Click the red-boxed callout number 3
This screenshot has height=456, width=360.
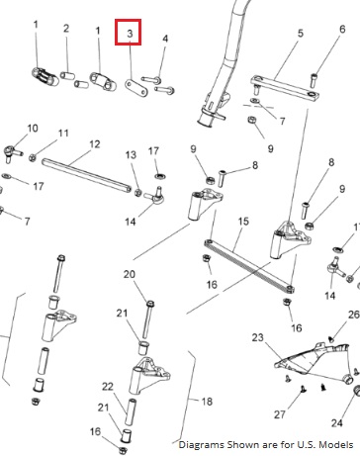[130, 34]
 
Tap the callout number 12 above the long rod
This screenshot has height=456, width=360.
[94, 144]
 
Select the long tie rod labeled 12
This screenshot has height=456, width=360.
[87, 175]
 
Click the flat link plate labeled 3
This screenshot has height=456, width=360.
[136, 87]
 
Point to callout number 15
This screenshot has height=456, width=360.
[243, 221]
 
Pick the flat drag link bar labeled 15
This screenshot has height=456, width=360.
[249, 265]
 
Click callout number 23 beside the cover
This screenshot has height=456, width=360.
[258, 337]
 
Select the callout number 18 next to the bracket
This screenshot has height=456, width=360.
[207, 402]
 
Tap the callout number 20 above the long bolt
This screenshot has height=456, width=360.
[130, 274]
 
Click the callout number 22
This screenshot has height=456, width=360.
[108, 386]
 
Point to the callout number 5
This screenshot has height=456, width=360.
[300, 34]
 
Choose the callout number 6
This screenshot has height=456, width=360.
[342, 29]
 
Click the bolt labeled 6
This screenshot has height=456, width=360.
[314, 81]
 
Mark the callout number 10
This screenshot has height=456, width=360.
[33, 128]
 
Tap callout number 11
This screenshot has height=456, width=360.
[63, 134]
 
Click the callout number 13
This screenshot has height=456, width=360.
[131, 154]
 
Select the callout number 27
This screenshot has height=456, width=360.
[280, 414]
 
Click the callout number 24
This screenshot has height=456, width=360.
[337, 422]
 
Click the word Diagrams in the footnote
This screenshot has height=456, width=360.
[196, 445]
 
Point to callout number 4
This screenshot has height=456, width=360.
[165, 39]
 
